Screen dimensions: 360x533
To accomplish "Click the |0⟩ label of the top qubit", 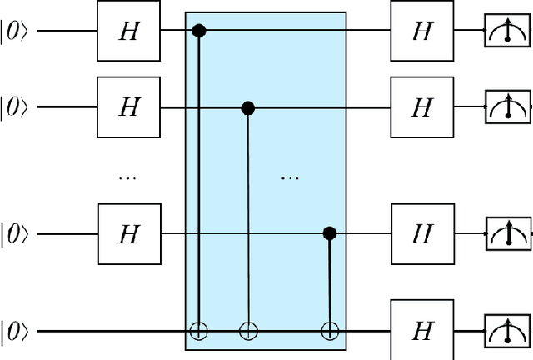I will pyautogui.click(x=17, y=32).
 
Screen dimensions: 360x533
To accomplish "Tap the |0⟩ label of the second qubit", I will pyautogui.click(x=17, y=107).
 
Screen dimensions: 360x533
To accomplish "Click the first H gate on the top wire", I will pyautogui.click(x=128, y=32).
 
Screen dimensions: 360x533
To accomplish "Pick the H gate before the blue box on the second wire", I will pyautogui.click(x=128, y=107).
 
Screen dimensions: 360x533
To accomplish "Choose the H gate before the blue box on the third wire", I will pyautogui.click(x=128, y=233).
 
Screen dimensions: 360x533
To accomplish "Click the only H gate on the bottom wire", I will pyautogui.click(x=423, y=331).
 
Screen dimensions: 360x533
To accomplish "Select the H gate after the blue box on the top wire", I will pyautogui.click(x=423, y=32).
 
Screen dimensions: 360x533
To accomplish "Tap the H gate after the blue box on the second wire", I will pyautogui.click(x=423, y=107).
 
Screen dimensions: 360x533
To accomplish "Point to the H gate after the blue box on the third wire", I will pyautogui.click(x=423, y=233).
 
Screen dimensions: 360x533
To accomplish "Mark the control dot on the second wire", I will pyautogui.click(x=247, y=107).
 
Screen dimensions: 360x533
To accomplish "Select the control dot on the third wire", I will pyautogui.click(x=330, y=233).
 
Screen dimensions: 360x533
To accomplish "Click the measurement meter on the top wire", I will pyautogui.click(x=507, y=33).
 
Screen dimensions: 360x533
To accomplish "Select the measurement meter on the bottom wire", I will pyautogui.click(x=507, y=331).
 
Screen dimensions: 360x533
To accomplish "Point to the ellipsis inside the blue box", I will pyautogui.click(x=288, y=176).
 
